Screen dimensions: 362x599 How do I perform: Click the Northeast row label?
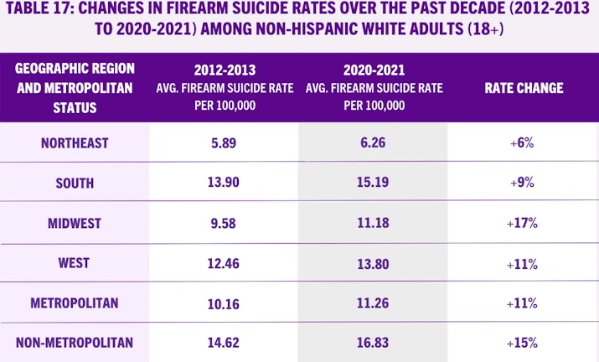75,143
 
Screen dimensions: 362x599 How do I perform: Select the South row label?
75,183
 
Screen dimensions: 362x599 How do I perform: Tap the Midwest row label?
75,223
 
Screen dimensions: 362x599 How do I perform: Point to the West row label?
75,262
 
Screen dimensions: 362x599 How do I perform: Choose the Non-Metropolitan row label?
75,342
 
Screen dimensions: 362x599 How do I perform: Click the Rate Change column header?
524,88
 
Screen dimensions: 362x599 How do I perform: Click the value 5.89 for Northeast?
225,143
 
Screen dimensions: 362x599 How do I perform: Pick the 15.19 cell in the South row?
374,183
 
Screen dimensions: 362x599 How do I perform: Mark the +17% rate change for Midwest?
524,223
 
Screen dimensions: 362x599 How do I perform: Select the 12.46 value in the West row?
225,262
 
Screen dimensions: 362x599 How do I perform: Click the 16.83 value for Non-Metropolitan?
374,342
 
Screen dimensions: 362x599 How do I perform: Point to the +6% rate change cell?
524,143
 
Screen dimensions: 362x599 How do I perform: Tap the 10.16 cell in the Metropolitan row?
225,303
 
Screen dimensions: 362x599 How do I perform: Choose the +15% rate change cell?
524,342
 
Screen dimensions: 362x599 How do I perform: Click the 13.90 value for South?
225,183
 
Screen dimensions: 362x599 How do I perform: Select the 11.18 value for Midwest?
374,223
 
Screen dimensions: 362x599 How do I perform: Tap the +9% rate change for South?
524,183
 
